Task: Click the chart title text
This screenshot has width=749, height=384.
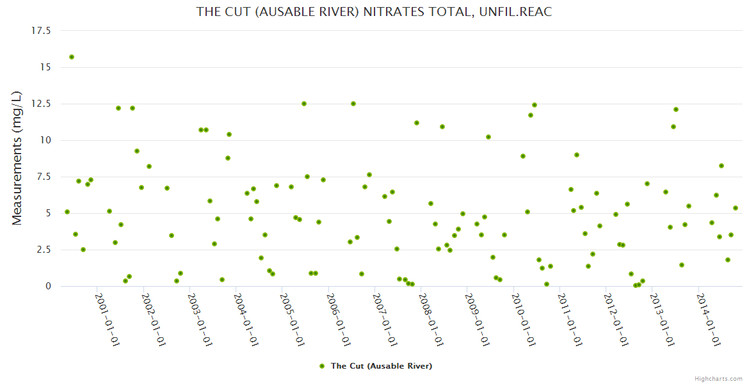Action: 374,12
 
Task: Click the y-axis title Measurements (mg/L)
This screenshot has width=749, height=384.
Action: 17,158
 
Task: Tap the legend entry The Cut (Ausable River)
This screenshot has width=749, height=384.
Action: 381,366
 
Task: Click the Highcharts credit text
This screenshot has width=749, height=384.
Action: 719,378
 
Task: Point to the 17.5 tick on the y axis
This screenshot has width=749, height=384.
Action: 41,31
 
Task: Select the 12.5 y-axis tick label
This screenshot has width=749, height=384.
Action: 41,104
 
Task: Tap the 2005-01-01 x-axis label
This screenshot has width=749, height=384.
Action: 293,319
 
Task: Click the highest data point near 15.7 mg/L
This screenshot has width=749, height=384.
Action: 72,57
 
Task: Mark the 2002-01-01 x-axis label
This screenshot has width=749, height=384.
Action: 154,319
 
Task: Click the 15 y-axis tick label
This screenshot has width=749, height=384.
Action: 45,67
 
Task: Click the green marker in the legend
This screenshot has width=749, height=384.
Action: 322,366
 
